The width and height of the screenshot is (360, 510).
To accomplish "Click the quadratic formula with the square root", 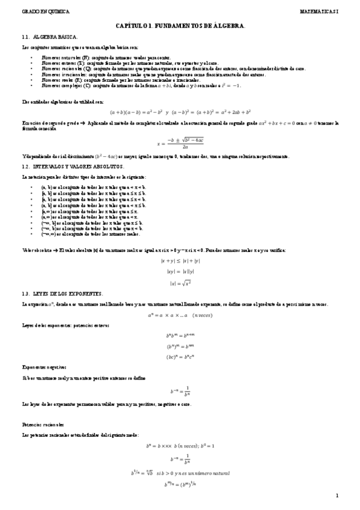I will point(180,144).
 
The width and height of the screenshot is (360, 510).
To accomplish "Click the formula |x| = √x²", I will point(180,283).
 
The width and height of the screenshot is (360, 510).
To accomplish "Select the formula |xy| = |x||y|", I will point(180,271).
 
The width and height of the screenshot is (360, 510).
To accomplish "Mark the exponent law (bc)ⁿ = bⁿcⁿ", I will point(180,357).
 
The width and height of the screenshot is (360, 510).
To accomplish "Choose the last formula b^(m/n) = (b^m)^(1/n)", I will point(180,484).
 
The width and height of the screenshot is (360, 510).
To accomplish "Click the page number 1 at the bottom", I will point(338,495).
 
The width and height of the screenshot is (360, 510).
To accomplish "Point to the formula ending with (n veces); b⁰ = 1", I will point(180,446).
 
